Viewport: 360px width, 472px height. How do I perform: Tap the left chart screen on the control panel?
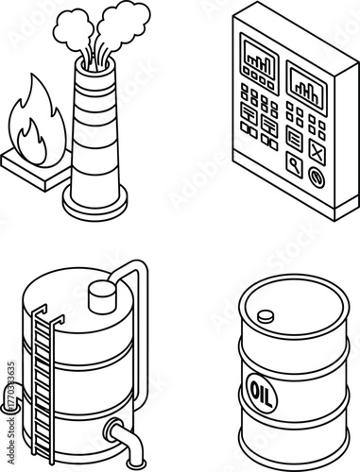point(258,59)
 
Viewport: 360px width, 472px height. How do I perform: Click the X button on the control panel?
point(317,151)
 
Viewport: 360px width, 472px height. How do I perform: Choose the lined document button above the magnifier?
point(294,138)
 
